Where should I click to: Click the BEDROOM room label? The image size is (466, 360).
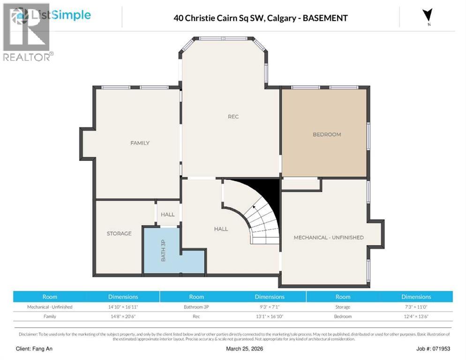click(327, 135)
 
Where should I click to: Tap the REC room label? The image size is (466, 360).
click(233, 117)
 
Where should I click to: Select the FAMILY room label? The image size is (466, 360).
click(140, 143)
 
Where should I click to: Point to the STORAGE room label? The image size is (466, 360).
click(119, 233)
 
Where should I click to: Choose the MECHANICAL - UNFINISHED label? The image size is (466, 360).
click(328, 238)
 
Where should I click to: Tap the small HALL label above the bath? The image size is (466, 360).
click(167, 215)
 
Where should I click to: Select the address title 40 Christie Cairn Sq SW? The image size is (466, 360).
click(261, 18)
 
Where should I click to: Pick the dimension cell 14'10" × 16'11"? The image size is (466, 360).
click(123, 307)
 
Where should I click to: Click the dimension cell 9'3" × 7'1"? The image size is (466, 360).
click(270, 307)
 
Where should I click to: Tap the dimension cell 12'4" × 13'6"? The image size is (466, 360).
click(416, 316)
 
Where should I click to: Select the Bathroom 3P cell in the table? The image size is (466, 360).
click(196, 307)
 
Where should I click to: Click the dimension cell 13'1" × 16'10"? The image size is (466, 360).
click(270, 316)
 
